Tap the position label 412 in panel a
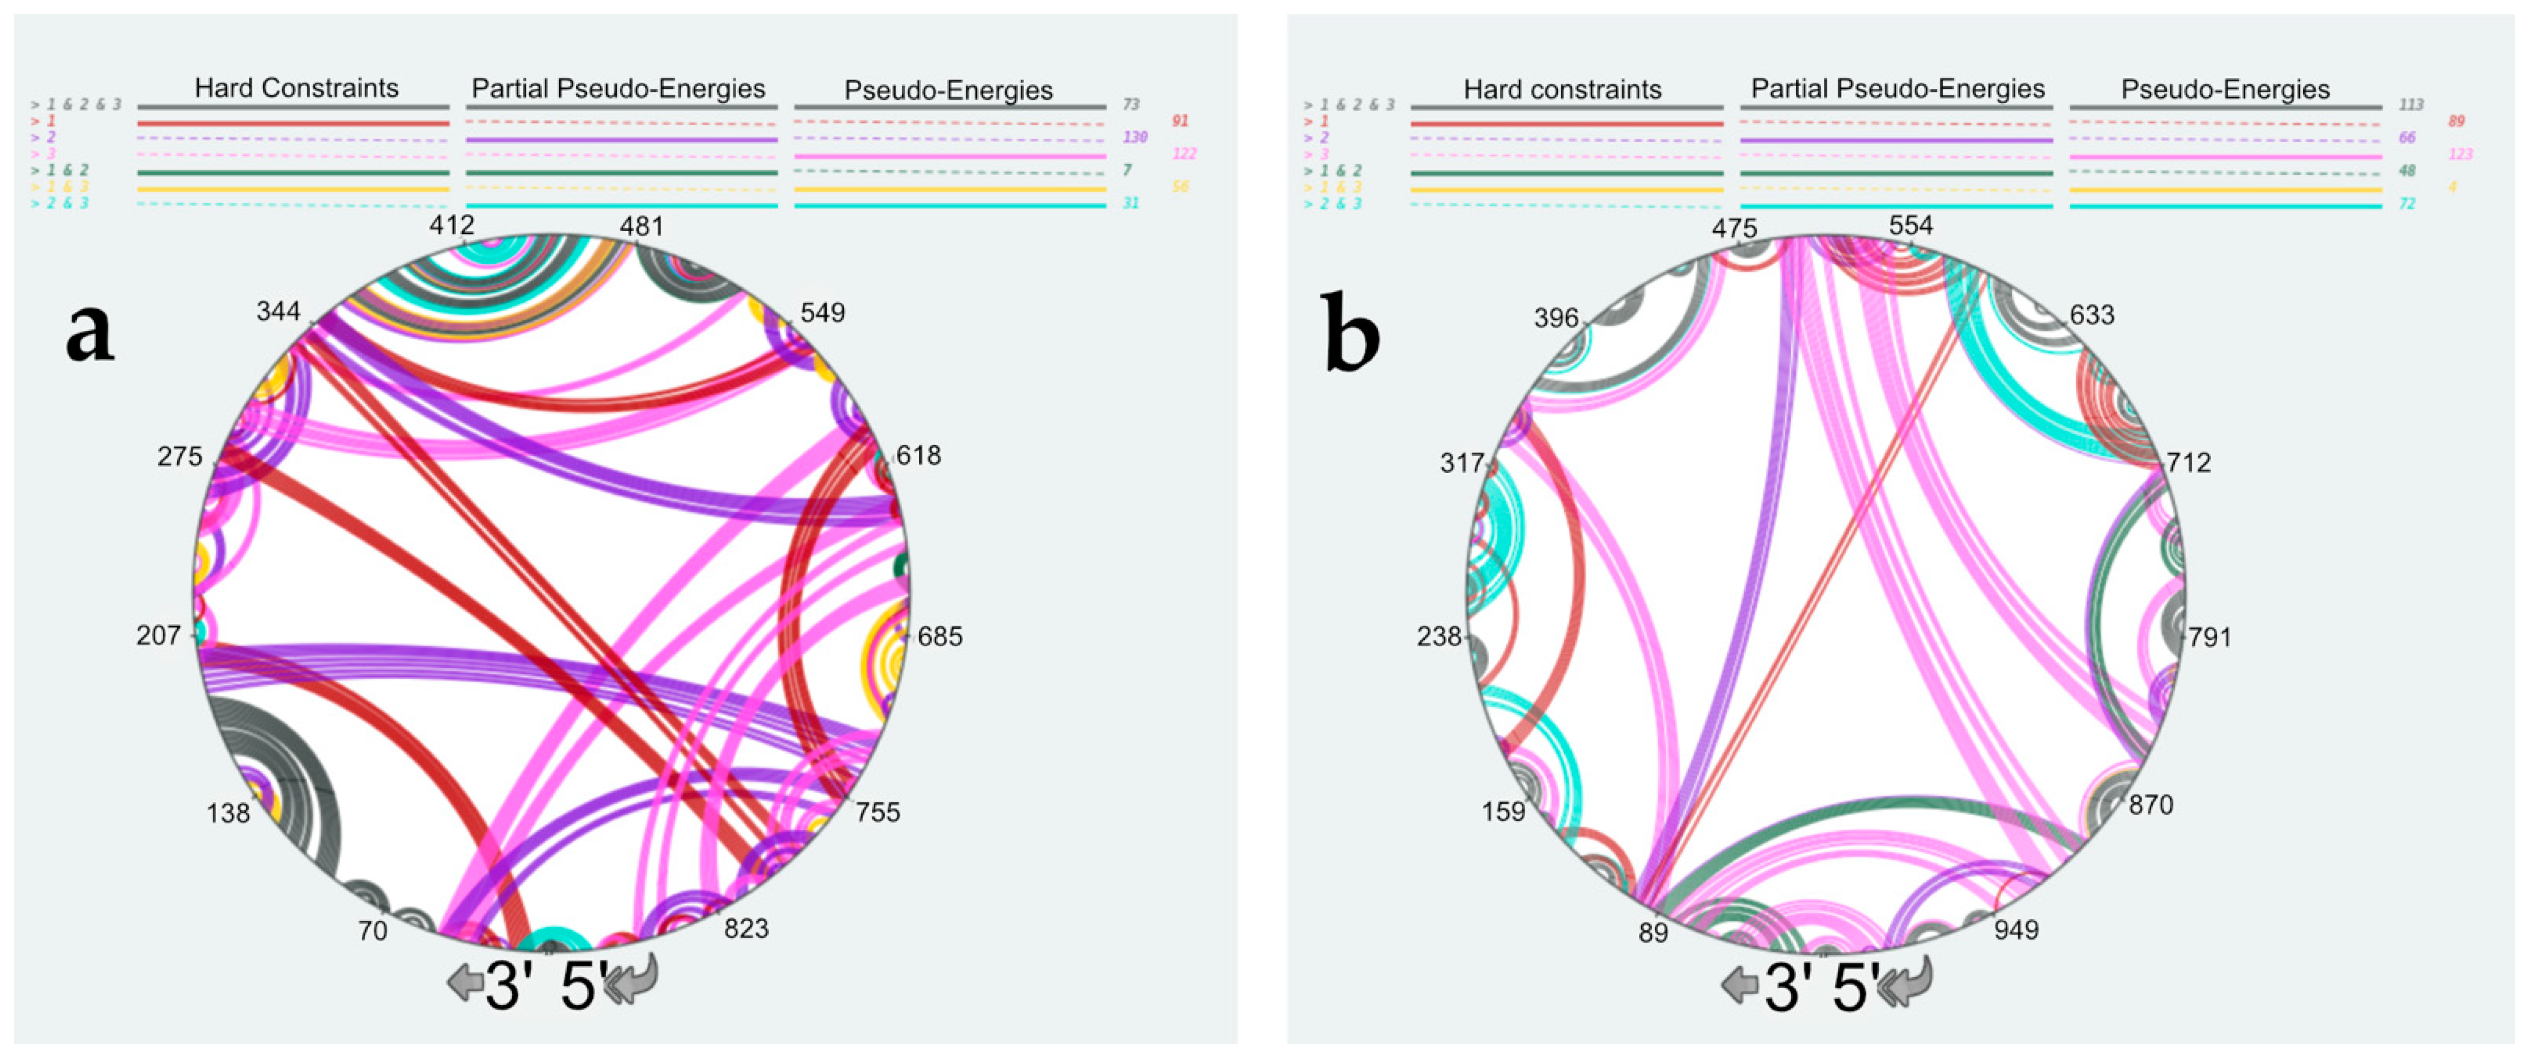pyautogui.click(x=451, y=225)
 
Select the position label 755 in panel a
pyautogui.click(x=877, y=812)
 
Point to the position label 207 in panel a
pyautogui.click(x=158, y=635)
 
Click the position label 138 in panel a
pyautogui.click(x=228, y=813)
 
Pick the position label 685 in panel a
pyautogui.click(x=940, y=636)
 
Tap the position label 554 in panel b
pyautogui.click(x=1910, y=225)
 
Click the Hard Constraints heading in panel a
pyautogui.click(x=296, y=88)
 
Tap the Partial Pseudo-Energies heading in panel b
pyautogui.click(x=1897, y=88)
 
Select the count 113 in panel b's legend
pyautogui.click(x=2410, y=104)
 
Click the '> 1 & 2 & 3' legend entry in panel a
pyautogui.click(x=76, y=104)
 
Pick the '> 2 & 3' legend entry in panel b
pyautogui.click(x=1333, y=204)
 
